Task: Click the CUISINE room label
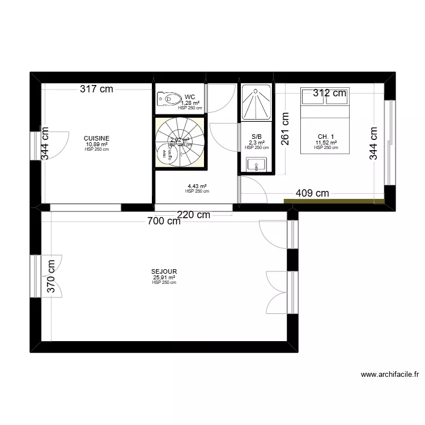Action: pyautogui.click(x=96, y=138)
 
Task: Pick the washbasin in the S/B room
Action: pyautogui.click(x=256, y=165)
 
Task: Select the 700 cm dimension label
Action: pyautogui.click(x=163, y=222)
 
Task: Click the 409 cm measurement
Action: pyautogui.click(x=312, y=193)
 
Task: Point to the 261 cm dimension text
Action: pyautogui.click(x=285, y=129)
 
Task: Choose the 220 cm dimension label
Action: pyautogui.click(x=193, y=215)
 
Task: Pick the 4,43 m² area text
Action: pyautogui.click(x=197, y=186)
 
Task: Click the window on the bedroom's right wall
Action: pyautogui.click(x=389, y=142)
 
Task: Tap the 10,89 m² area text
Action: pyautogui.click(x=96, y=144)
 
